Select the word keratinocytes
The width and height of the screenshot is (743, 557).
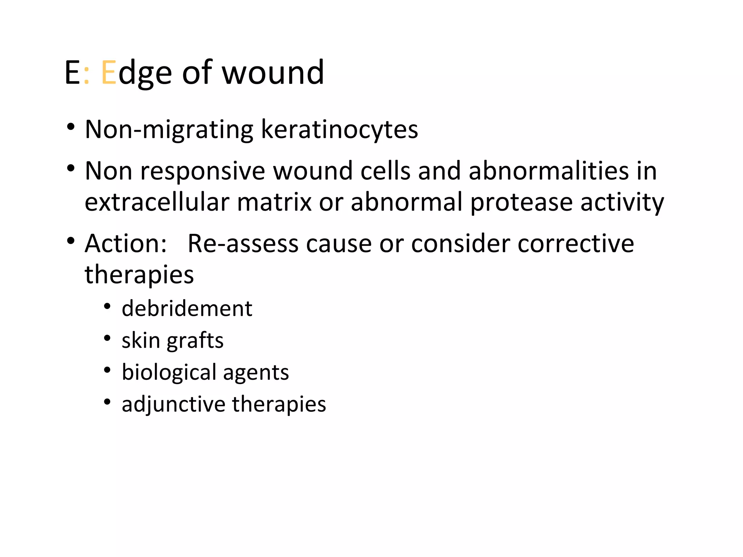tap(339, 129)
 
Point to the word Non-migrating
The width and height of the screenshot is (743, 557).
tap(169, 129)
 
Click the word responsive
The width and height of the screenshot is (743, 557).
tap(203, 171)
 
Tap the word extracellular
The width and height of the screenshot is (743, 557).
tap(157, 202)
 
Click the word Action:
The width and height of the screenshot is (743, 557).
tap(126, 243)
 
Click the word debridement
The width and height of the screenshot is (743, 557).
tap(187, 309)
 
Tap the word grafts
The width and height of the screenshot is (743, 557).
tap(195, 341)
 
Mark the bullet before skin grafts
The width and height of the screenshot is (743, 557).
tap(107, 338)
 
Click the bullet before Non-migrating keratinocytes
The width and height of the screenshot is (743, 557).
tap(71, 127)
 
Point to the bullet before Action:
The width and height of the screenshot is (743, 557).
tap(71, 241)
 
